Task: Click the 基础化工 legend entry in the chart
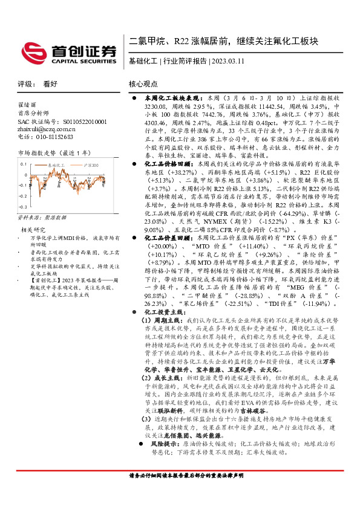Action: tap(56, 164)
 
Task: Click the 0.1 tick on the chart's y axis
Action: tap(23, 164)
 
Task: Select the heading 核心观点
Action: tap(143, 85)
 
